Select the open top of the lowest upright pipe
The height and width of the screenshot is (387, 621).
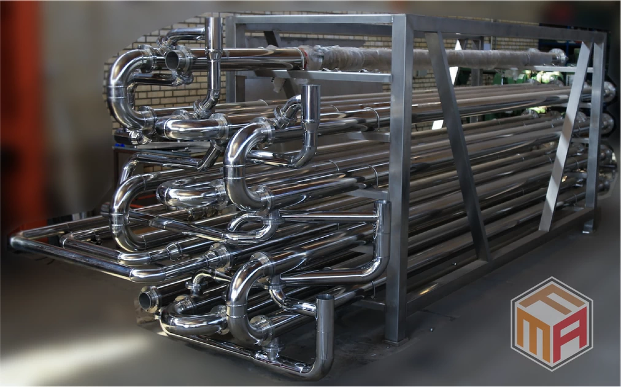tap(325, 297)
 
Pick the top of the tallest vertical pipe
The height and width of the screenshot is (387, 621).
tap(214, 19)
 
